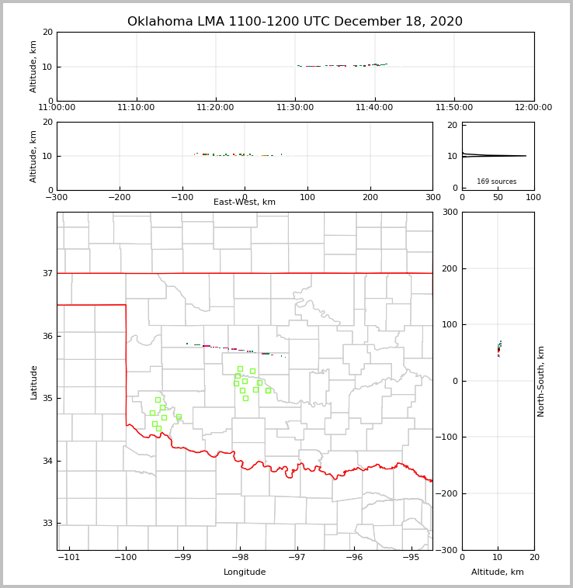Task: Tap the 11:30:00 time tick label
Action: [x=295, y=108]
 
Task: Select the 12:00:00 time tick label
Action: [x=533, y=108]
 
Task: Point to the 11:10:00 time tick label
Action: [x=137, y=108]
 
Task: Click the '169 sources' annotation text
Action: [x=496, y=182]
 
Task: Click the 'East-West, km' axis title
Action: [x=245, y=202]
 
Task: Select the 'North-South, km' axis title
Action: [x=541, y=381]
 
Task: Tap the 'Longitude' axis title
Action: [x=245, y=572]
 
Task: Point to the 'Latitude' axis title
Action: [x=33, y=382]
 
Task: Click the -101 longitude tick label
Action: [x=70, y=557]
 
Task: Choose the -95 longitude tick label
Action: [x=411, y=557]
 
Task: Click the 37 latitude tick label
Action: [x=47, y=274]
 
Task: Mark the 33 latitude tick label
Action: [x=47, y=524]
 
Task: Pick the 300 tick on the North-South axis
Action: [x=449, y=213]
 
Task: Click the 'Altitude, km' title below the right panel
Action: [x=498, y=572]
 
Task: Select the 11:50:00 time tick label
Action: [x=454, y=108]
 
